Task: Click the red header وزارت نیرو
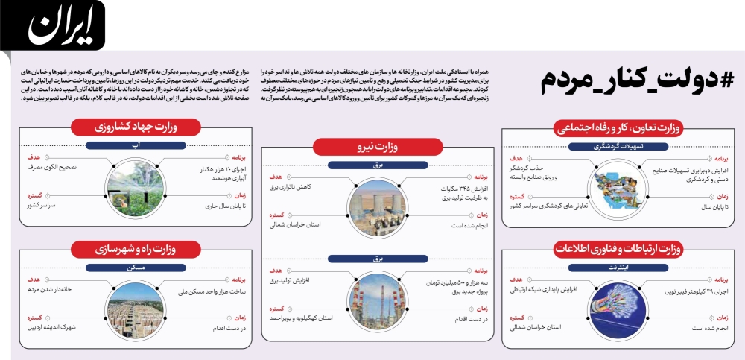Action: point(378,148)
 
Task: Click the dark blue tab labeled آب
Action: point(135,145)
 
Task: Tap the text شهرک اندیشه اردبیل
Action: point(53,326)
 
